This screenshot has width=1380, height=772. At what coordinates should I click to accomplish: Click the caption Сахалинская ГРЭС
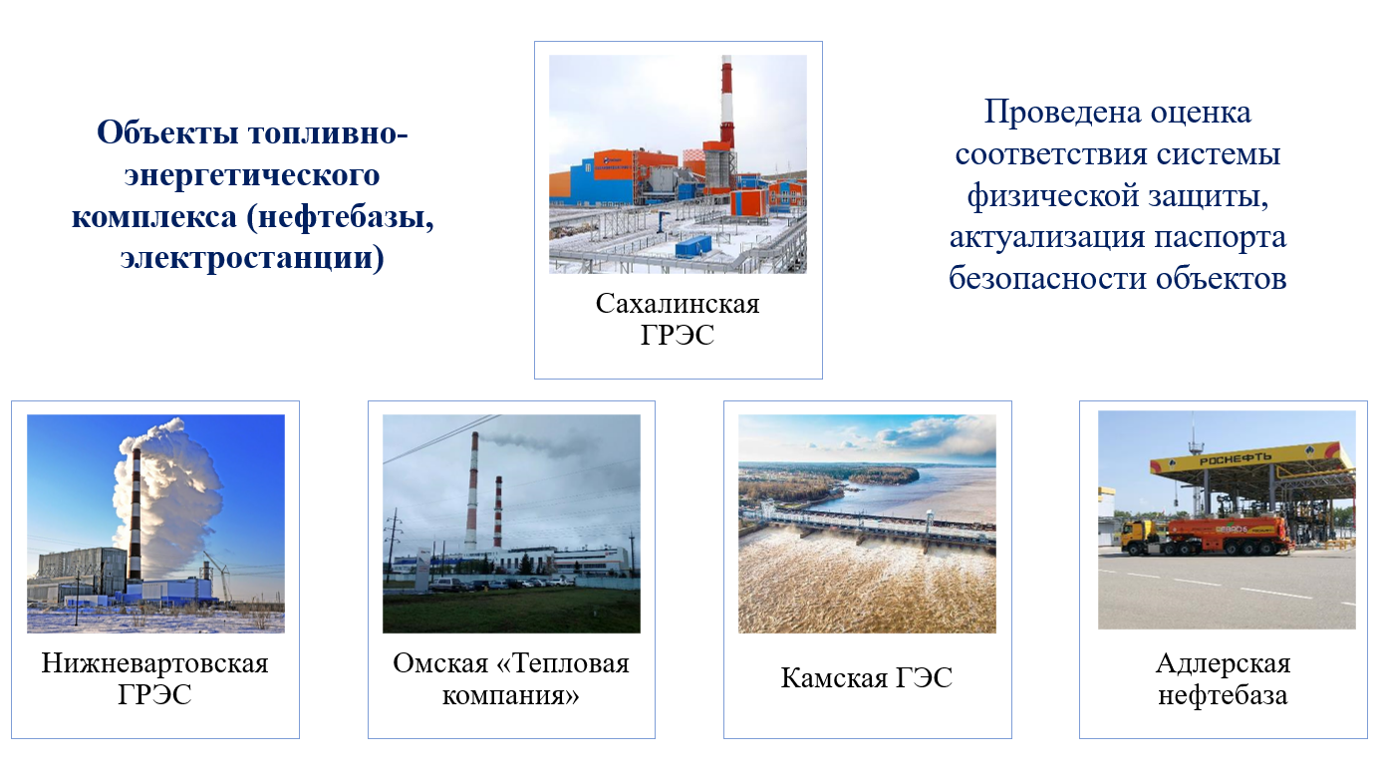[678, 319]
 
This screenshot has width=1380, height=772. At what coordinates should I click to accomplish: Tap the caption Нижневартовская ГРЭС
[154, 679]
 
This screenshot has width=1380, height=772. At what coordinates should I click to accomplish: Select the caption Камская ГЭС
[867, 677]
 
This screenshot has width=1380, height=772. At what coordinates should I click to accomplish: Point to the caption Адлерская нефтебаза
[1223, 679]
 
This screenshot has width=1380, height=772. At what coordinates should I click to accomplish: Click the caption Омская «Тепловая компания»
[511, 679]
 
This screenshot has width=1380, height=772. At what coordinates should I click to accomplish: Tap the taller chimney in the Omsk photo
[472, 491]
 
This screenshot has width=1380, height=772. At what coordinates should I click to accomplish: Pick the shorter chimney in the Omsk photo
[498, 512]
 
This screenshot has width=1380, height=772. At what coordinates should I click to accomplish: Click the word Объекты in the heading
[167, 132]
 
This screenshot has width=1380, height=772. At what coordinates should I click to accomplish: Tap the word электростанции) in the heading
[253, 258]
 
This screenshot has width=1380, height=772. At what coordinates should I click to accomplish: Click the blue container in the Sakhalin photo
[693, 246]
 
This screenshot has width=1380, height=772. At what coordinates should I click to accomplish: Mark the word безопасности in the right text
[1047, 278]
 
